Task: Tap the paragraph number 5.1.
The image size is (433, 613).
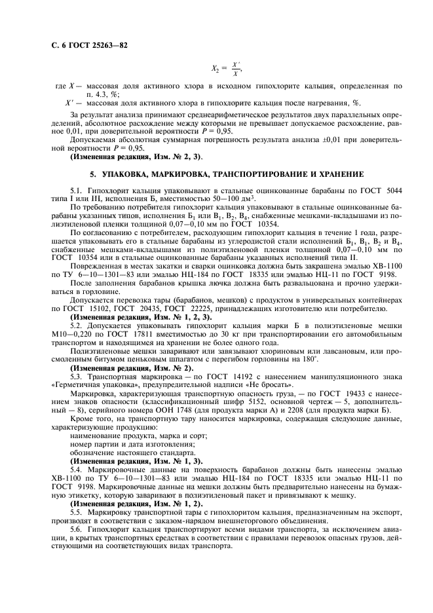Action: coord(77,189)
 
